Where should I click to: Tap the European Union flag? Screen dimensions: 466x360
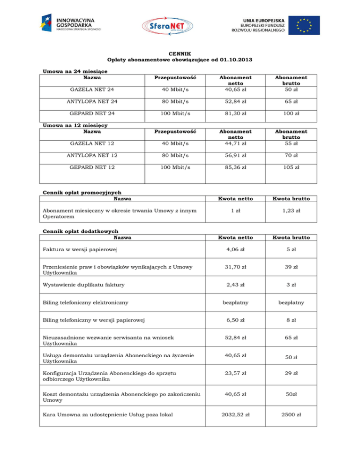coord(304,25)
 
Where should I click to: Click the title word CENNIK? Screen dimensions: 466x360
coord(180,54)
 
